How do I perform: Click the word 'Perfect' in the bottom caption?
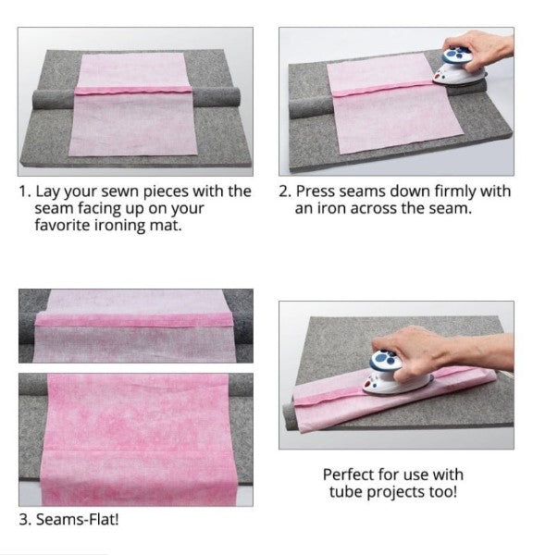[349, 474]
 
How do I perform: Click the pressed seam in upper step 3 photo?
[135, 320]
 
